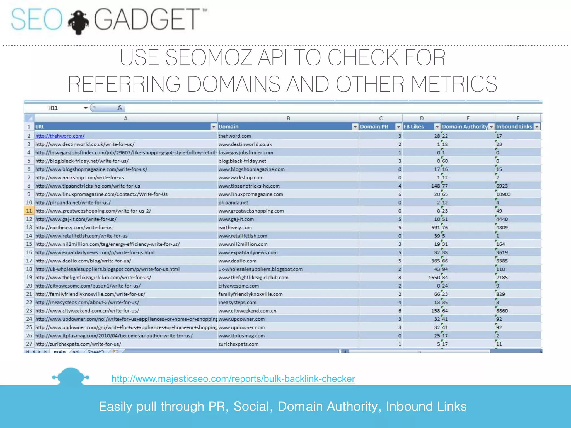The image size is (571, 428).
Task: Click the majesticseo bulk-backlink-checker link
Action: click(233, 379)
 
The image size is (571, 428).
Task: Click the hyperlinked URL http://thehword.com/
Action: click(60, 136)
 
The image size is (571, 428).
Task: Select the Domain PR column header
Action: click(374, 127)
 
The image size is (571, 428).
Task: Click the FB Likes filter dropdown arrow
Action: click(437, 127)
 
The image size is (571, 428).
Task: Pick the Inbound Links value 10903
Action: click(503, 194)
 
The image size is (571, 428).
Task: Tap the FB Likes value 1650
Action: click(434, 278)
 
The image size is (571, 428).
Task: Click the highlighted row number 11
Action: click(29, 211)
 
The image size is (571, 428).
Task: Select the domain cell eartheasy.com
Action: click(235, 228)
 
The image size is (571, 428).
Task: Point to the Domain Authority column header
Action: click(465, 127)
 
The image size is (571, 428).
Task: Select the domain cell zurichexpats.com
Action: click(238, 344)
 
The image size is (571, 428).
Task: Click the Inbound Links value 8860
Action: click(502, 311)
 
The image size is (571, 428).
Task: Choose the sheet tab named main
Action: click(59, 351)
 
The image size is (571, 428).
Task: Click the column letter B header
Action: click(288, 118)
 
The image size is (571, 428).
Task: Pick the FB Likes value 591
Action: click(435, 228)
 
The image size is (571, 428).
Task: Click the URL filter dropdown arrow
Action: click(213, 127)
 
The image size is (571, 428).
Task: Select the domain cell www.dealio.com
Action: click(237, 261)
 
